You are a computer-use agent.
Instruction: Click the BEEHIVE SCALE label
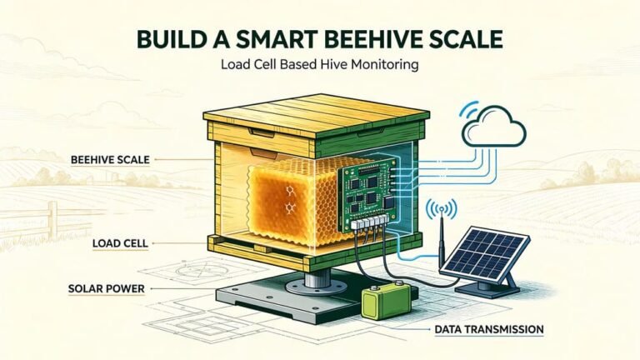[x=110, y=160]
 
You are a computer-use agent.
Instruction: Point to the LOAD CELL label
[x=120, y=243]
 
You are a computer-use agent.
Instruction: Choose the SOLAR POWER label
[x=107, y=289]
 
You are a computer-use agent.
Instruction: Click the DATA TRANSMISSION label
[x=489, y=329]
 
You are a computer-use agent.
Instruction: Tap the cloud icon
[x=494, y=127]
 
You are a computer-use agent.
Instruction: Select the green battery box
[x=387, y=302]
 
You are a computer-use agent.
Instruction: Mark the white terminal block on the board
[x=368, y=222]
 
